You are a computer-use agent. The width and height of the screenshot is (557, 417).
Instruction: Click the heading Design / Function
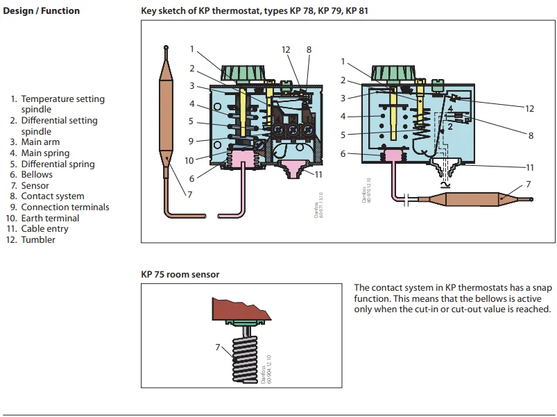tap(41, 11)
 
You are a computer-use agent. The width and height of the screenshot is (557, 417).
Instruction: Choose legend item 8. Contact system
tap(47, 196)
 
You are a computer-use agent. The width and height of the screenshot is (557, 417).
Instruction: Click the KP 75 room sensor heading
tap(180, 275)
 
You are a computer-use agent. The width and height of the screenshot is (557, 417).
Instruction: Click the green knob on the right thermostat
tap(393, 73)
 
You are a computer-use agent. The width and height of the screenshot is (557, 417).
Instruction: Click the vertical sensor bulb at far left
tap(166, 111)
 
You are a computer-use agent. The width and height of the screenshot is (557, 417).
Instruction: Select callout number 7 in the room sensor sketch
tap(218, 346)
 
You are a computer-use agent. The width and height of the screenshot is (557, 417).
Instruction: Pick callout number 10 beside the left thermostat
tap(189, 160)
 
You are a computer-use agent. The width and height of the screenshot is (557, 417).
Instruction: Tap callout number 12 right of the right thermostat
tap(530, 108)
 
